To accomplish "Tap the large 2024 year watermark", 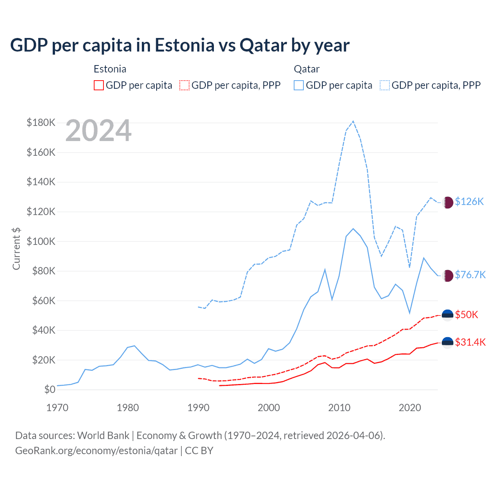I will [x=98, y=131].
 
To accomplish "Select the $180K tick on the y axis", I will [x=41, y=123].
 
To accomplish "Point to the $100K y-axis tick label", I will [x=41, y=241].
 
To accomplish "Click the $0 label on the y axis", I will [x=50, y=389].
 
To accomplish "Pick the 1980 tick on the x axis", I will [x=128, y=408].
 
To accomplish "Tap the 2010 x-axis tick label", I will [x=339, y=408].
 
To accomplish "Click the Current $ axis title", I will [x=16, y=248].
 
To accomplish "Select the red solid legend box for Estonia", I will [x=99, y=85].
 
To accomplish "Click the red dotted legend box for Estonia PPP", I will [x=184, y=85].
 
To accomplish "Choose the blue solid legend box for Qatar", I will [x=299, y=85].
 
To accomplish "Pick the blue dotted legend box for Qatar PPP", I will [x=385, y=85].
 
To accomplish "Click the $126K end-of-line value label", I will [x=469, y=201].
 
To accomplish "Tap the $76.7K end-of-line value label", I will [x=470, y=275].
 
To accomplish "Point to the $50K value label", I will [x=467, y=315].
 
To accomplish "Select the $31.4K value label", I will [x=470, y=342].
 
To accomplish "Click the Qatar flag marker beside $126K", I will [x=448, y=202].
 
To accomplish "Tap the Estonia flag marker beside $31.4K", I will [x=448, y=343].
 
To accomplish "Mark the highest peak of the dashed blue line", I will [x=353, y=121].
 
